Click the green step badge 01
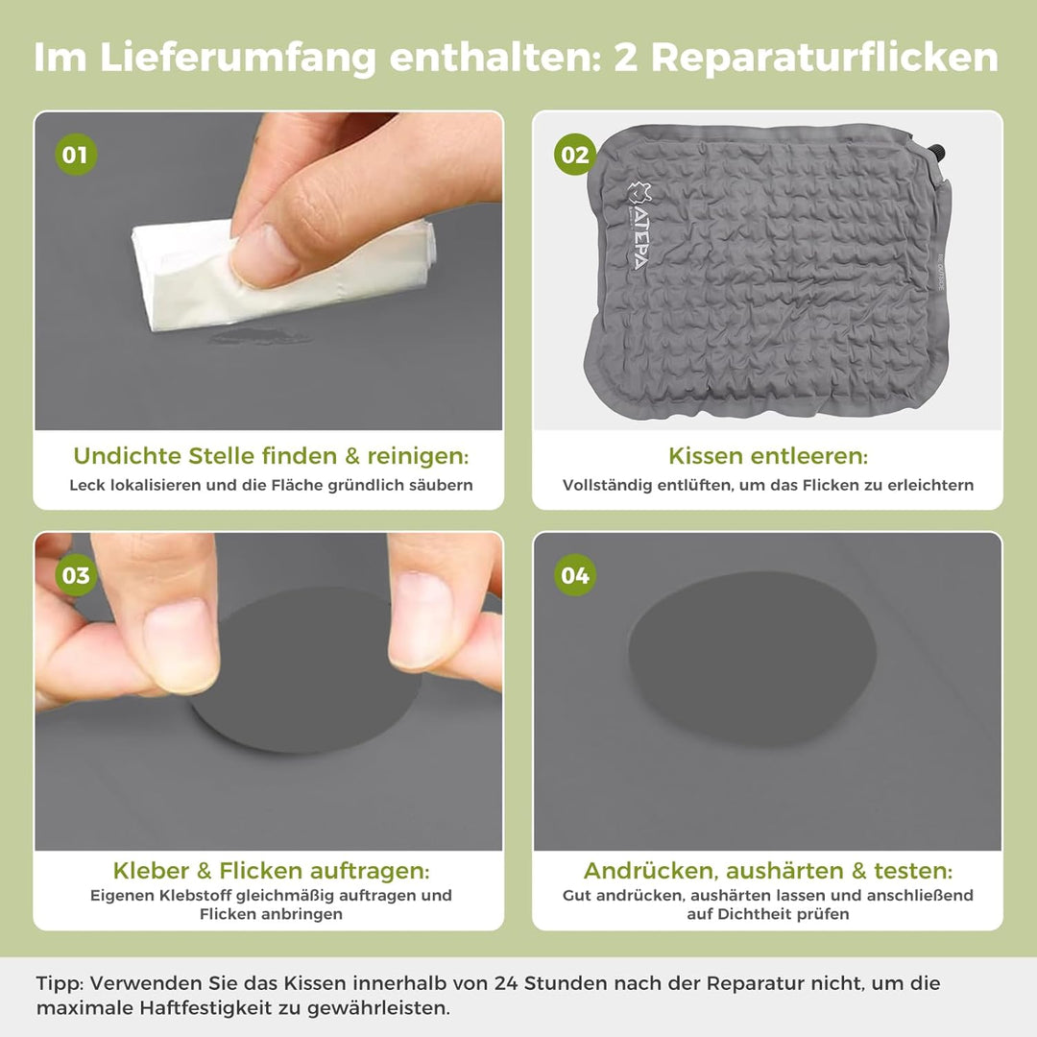click(x=76, y=155)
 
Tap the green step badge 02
click(x=575, y=154)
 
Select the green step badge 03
click(x=76, y=575)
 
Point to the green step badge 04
click(x=575, y=575)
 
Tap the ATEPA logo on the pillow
click(x=639, y=226)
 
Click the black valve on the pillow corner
click(x=938, y=153)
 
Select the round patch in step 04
click(x=752, y=658)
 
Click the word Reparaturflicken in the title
click(x=825, y=59)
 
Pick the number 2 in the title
click(x=626, y=59)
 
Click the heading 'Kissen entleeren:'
click(x=768, y=456)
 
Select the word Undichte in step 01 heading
click(x=127, y=456)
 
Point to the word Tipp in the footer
click(x=60, y=983)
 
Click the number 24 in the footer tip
click(x=506, y=983)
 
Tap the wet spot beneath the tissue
click(x=260, y=337)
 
